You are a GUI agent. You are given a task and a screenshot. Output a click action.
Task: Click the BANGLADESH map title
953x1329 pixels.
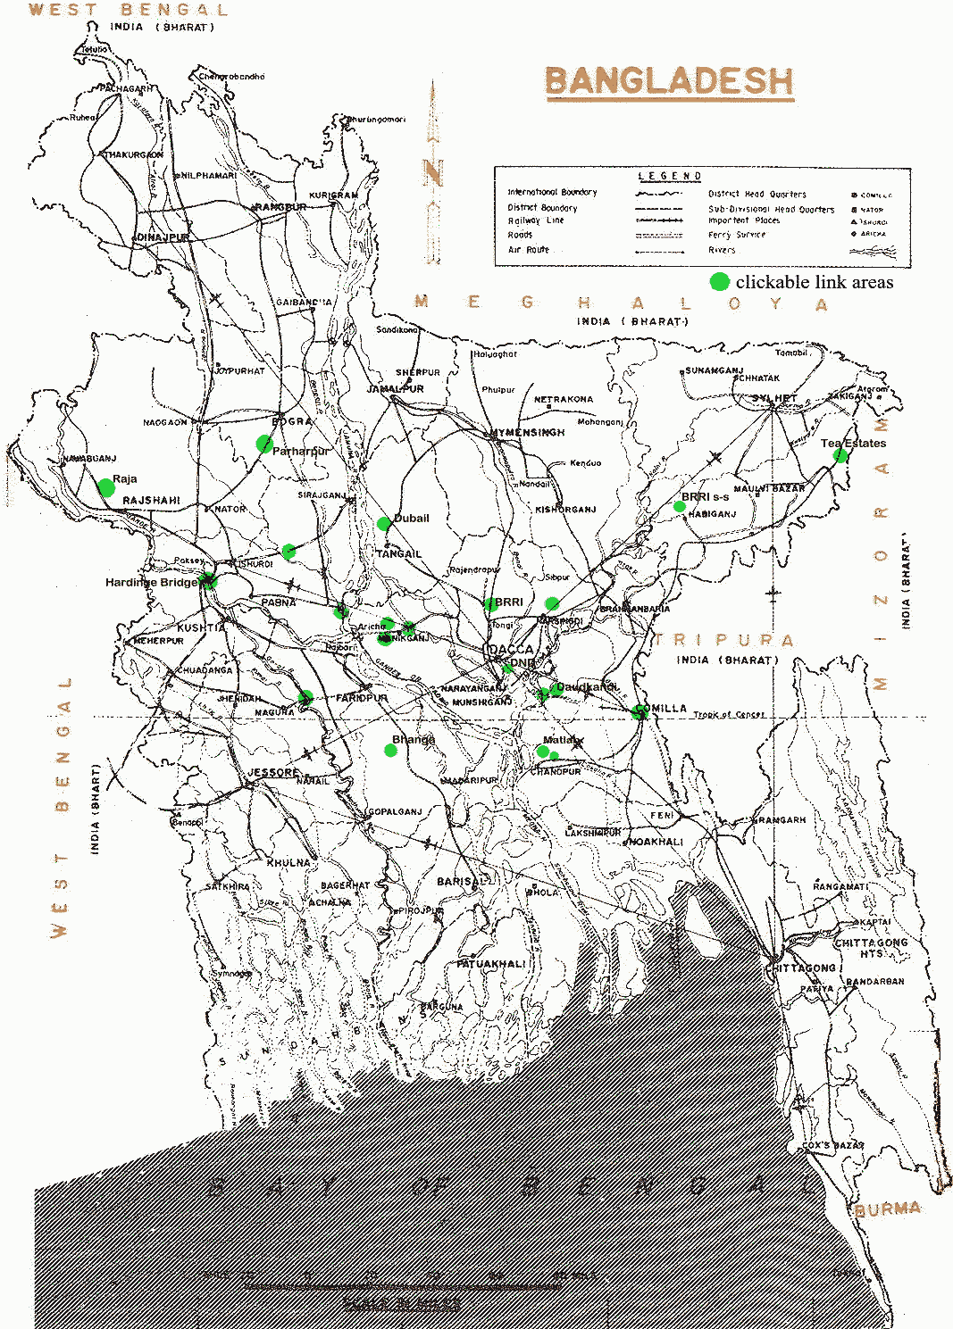[669, 82]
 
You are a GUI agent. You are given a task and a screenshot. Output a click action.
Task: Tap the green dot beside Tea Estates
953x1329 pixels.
[840, 455]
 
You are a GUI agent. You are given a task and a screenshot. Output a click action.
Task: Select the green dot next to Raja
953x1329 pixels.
[106, 487]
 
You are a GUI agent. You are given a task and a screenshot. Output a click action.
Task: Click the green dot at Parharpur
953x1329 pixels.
[264, 444]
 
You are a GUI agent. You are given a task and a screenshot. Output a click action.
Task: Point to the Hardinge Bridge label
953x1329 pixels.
[150, 583]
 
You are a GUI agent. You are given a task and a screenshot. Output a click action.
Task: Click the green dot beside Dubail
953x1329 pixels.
[384, 524]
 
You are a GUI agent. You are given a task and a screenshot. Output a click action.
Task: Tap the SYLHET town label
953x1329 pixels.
[773, 398]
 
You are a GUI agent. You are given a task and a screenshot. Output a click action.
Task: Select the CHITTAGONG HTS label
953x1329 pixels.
[870, 948]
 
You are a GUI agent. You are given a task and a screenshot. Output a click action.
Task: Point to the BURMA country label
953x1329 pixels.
[887, 1209]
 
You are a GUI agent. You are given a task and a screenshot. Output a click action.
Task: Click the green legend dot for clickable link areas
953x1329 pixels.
[719, 282]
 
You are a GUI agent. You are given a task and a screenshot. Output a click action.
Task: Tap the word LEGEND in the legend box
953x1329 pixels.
[670, 177]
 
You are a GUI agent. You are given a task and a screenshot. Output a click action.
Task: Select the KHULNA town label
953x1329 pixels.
[288, 863]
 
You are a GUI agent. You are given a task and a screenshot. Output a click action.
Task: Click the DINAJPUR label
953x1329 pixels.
[162, 238]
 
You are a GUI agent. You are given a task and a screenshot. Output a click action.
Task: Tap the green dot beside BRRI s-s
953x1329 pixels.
[680, 507]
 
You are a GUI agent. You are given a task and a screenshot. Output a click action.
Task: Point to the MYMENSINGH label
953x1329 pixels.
[527, 433]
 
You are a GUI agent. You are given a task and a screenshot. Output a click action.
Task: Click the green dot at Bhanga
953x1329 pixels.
[390, 751]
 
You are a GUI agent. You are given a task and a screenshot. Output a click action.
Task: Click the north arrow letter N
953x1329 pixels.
[433, 172]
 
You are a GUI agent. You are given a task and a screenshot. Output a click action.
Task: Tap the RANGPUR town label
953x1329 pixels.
[280, 207]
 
